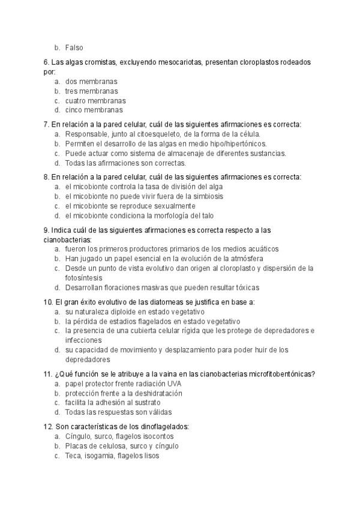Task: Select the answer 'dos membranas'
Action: [x=91, y=81]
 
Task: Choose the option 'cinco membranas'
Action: [x=94, y=110]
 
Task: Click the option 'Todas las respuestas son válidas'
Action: [x=118, y=412]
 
